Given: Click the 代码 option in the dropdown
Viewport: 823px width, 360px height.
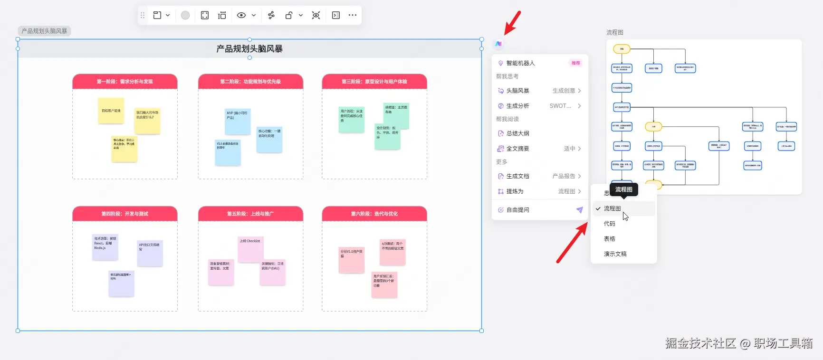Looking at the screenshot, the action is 610,224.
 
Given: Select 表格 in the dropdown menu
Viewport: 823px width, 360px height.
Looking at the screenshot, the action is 610,239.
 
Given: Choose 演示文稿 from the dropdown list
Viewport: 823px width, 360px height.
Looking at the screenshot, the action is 615,254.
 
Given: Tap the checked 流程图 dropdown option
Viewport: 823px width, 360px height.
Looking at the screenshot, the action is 612,208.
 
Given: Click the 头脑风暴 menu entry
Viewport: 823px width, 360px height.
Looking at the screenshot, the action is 517,91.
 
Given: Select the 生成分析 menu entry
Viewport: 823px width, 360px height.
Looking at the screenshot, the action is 517,106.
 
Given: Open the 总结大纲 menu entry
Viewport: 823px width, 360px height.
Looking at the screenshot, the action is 517,133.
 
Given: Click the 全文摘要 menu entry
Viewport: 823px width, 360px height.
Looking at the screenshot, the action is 517,149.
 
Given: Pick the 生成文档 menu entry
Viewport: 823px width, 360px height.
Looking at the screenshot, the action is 517,176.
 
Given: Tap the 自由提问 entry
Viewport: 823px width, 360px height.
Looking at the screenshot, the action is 517,210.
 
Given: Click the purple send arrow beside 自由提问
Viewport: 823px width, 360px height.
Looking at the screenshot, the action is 579,210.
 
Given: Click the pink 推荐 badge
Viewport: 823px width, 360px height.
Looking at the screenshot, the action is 575,63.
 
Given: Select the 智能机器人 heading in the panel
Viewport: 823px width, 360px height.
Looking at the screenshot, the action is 520,63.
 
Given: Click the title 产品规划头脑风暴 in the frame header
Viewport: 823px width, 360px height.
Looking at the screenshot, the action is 249,49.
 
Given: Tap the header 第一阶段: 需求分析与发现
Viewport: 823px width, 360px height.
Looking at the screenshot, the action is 125,82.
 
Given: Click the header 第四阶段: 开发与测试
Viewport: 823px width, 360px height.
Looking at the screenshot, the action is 125,214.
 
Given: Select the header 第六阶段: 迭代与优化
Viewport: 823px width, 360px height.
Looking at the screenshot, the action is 374,214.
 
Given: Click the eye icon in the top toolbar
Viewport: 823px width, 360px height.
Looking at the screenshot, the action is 241,15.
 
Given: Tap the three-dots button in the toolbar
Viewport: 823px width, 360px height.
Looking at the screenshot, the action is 352,15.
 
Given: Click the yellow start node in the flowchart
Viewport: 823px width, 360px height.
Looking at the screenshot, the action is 622,49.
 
